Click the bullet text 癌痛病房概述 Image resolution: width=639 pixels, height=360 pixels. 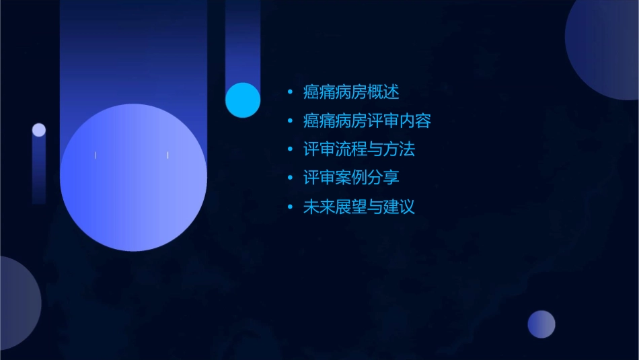[351, 92]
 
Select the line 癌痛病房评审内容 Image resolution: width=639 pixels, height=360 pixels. [367, 121]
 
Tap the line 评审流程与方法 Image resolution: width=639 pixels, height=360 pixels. [359, 149]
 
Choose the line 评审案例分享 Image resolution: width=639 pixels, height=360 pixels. [351, 178]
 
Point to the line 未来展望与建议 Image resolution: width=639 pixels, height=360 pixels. [359, 207]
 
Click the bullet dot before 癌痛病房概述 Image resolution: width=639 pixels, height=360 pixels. [290, 92]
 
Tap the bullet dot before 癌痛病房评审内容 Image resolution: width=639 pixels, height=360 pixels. [290, 121]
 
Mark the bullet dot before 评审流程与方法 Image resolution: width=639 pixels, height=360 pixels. [290, 149]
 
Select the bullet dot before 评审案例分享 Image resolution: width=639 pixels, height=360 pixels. [290, 178]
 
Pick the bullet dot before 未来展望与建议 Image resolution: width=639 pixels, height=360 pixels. [290, 207]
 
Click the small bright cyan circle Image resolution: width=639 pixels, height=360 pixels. [243, 100]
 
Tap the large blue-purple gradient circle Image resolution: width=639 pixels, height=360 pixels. [133, 178]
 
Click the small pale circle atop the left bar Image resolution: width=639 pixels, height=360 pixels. [39, 130]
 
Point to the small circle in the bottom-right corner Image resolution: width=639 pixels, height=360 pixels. [541, 324]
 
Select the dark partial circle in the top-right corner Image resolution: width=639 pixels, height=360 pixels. [605, 47]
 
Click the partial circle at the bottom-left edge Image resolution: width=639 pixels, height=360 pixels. [17, 303]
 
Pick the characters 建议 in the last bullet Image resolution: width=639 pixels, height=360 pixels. [399, 207]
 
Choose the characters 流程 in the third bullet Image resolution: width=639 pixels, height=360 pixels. [351, 149]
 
